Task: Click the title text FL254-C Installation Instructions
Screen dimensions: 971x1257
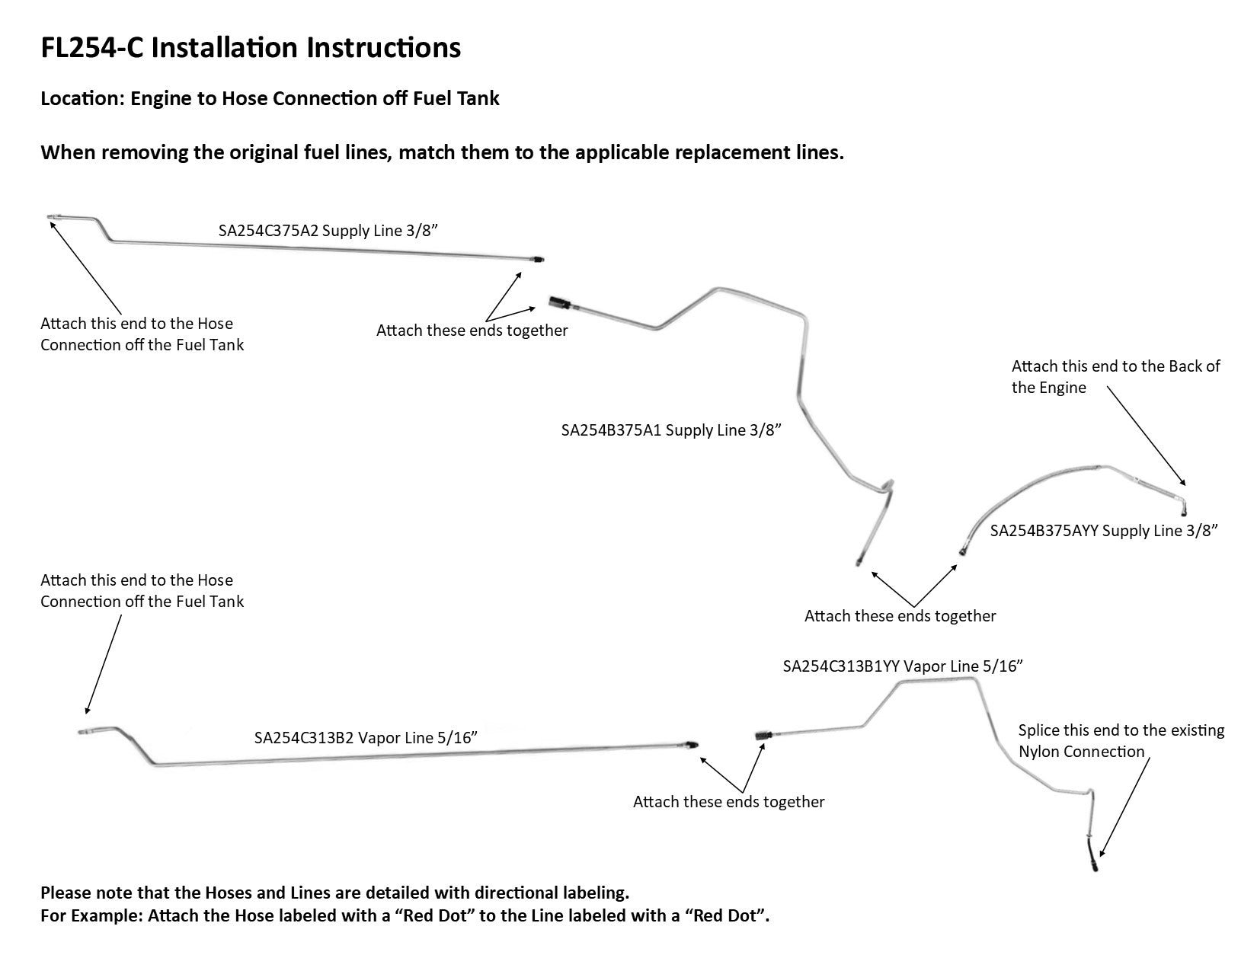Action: click(x=251, y=48)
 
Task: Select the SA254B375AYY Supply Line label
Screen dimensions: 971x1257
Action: click(x=1104, y=531)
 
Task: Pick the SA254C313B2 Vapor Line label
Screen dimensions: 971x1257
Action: click(x=366, y=737)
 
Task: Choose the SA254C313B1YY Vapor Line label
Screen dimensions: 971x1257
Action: click(x=902, y=666)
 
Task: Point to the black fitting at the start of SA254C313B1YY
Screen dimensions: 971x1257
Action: click(x=764, y=735)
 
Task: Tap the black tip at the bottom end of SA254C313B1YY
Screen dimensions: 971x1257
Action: click(x=1094, y=865)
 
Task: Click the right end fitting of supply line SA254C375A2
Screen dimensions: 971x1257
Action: click(x=539, y=260)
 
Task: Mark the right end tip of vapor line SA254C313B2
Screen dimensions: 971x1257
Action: click(x=692, y=746)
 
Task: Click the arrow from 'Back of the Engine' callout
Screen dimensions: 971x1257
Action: click(x=1146, y=436)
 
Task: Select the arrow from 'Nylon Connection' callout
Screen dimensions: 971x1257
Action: click(x=1124, y=807)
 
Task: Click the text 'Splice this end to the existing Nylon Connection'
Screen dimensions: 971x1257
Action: click(x=1121, y=741)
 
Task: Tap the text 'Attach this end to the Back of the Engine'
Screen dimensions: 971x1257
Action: click(x=1115, y=377)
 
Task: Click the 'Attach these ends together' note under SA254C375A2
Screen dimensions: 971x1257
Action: click(x=472, y=331)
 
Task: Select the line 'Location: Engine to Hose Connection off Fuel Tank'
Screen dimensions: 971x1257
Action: click(x=270, y=99)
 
